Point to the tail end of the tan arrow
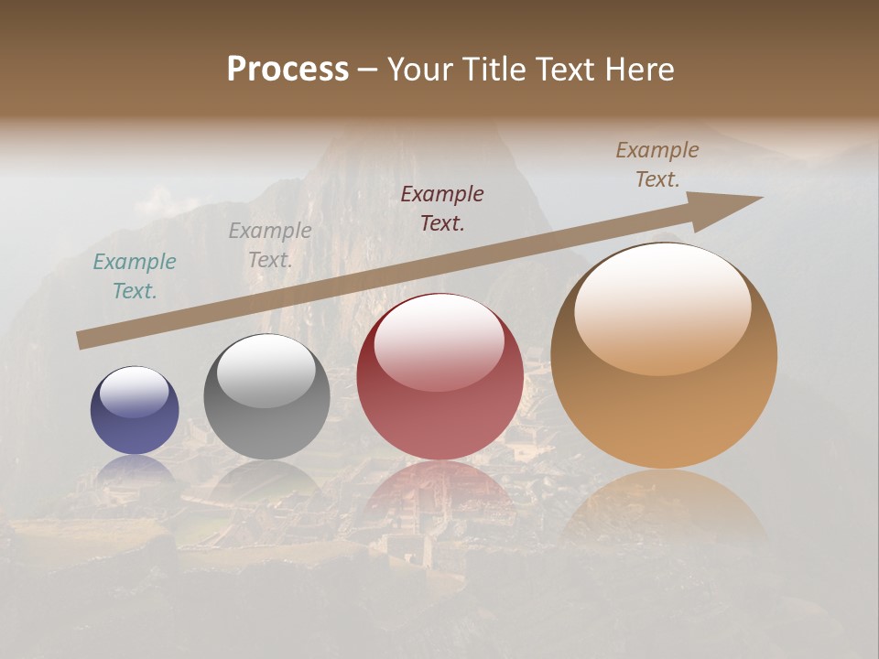point(82,340)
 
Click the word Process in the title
point(288,70)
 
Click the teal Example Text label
point(135,276)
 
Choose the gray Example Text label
point(270,245)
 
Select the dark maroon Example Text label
point(442,208)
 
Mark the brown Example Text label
point(657,165)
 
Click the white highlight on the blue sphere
point(134,392)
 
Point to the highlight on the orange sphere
point(662,308)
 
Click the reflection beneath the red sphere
point(439,490)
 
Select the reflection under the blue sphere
point(135,469)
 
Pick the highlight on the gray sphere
point(266,370)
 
